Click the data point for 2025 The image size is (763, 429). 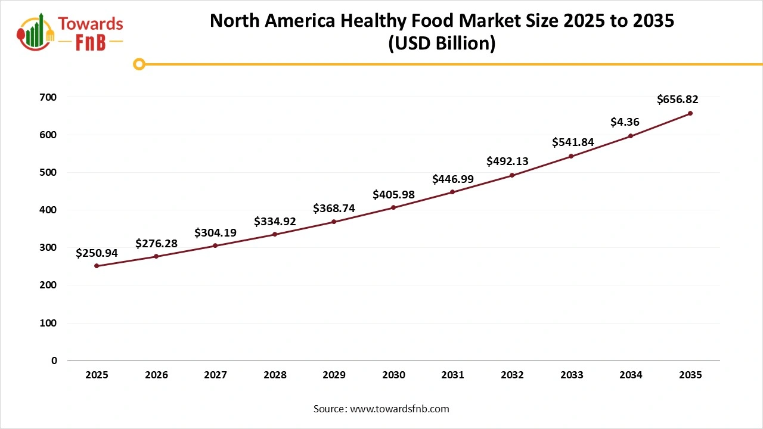[x=97, y=266]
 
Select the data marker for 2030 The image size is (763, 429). [x=393, y=207]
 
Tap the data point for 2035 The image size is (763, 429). [x=690, y=113]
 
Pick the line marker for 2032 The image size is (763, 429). [x=512, y=175]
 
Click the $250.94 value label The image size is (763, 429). [x=97, y=253]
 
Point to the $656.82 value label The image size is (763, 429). [x=677, y=100]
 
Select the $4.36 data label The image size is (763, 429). [x=625, y=122]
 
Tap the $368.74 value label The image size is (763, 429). [x=334, y=209]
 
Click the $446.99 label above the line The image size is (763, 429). [x=453, y=179]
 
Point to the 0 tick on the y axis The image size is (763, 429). [x=54, y=360]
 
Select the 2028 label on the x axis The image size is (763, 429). [x=275, y=375]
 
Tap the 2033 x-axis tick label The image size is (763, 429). [x=572, y=375]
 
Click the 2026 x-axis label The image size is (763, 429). [x=156, y=375]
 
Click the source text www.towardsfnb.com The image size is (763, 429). [x=399, y=409]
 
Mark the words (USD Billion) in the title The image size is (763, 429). [x=442, y=44]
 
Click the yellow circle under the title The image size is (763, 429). [x=139, y=64]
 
